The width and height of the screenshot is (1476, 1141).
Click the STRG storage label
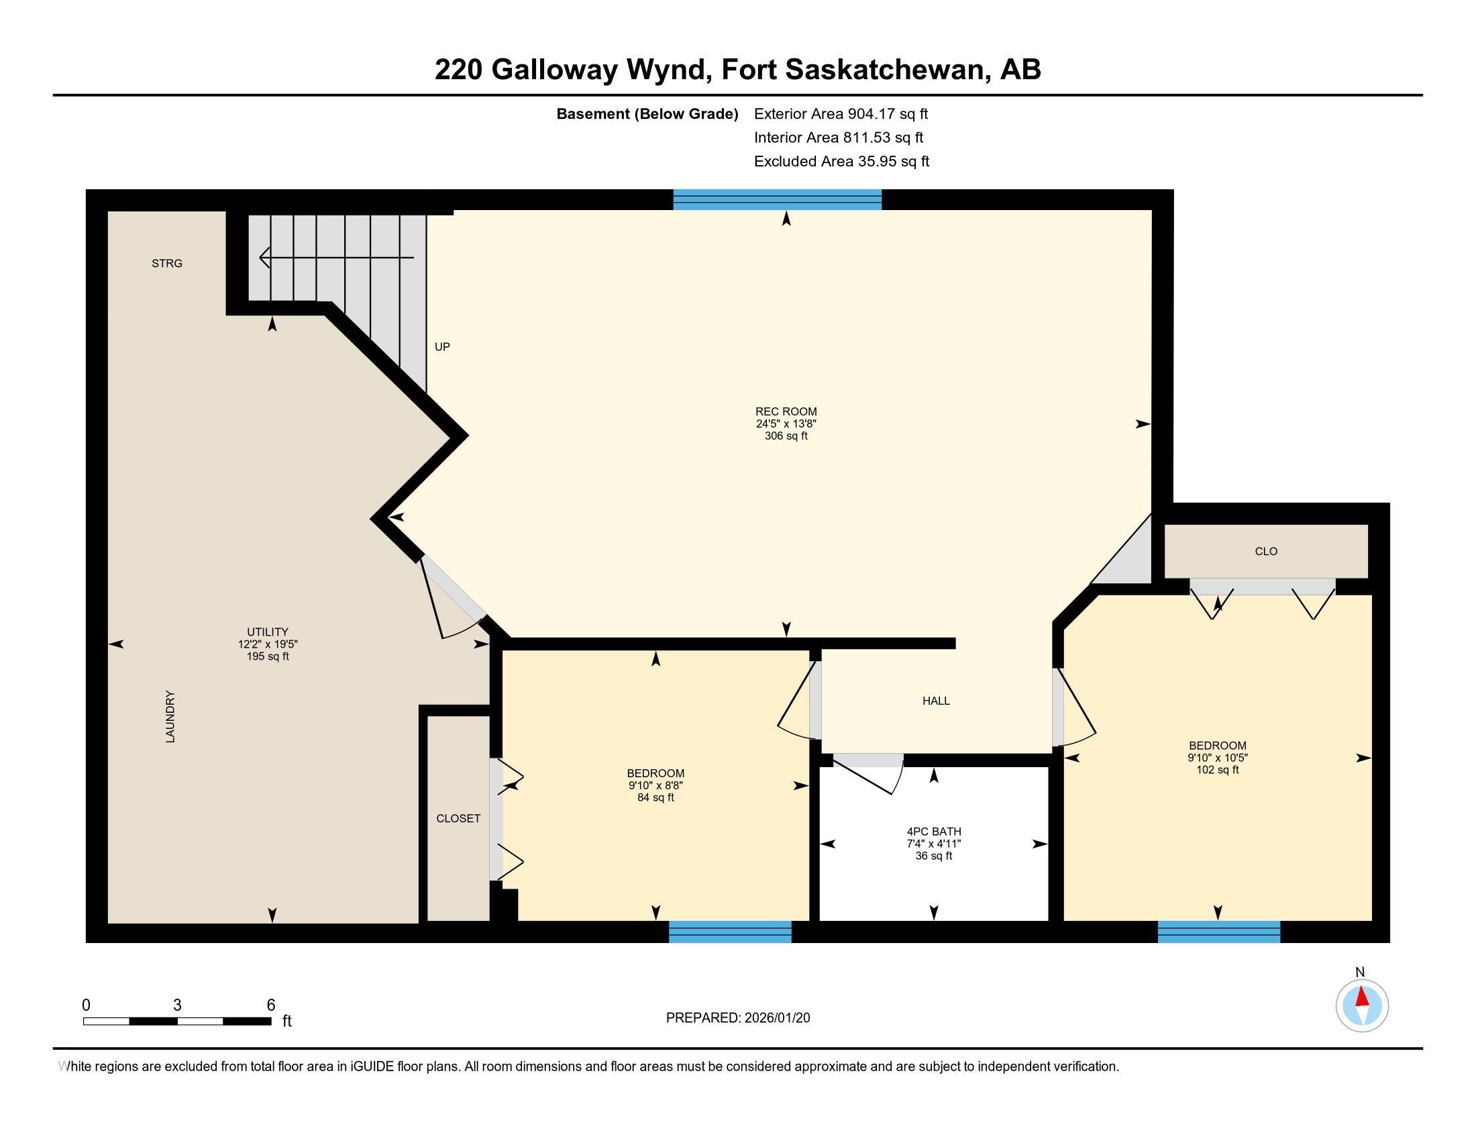coord(167,264)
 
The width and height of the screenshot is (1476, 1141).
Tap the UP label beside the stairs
coord(442,347)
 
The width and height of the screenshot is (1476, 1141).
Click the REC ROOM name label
coord(786,411)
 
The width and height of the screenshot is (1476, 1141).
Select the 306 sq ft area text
coord(786,436)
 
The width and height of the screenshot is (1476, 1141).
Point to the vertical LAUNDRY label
coord(170,717)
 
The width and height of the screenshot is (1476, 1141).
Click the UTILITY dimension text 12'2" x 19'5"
coord(268,644)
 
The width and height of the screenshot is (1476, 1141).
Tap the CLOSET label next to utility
coord(458,818)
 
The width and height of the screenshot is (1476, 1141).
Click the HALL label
coord(936,701)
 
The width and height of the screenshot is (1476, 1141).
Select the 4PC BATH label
coord(934,832)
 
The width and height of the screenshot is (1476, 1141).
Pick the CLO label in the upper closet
coord(1266,552)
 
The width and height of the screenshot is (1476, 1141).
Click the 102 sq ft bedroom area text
coord(1217,770)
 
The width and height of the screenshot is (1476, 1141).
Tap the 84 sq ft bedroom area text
coord(655,797)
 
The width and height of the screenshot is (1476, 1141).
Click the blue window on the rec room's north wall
coord(777,200)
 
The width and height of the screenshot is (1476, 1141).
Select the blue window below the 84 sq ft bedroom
coord(730,932)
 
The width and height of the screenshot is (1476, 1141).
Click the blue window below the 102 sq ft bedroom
coord(1218,932)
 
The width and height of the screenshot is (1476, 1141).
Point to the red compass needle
coord(1363,997)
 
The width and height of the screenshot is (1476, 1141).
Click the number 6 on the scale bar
coord(271,1005)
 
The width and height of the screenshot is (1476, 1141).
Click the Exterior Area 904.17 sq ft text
coord(841,114)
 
